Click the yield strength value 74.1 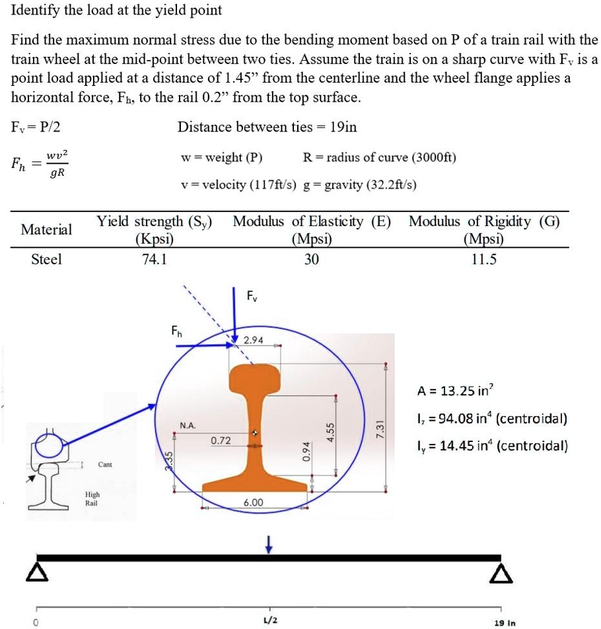coord(155,260)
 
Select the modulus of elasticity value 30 coord(311,260)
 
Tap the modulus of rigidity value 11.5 coord(483,260)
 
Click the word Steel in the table coord(47,260)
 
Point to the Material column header coord(47,230)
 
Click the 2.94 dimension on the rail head coord(254,340)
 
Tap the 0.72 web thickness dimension coord(221,440)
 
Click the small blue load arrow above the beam coord(268,543)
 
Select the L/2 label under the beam coord(269,621)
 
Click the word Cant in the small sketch coord(105,464)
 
